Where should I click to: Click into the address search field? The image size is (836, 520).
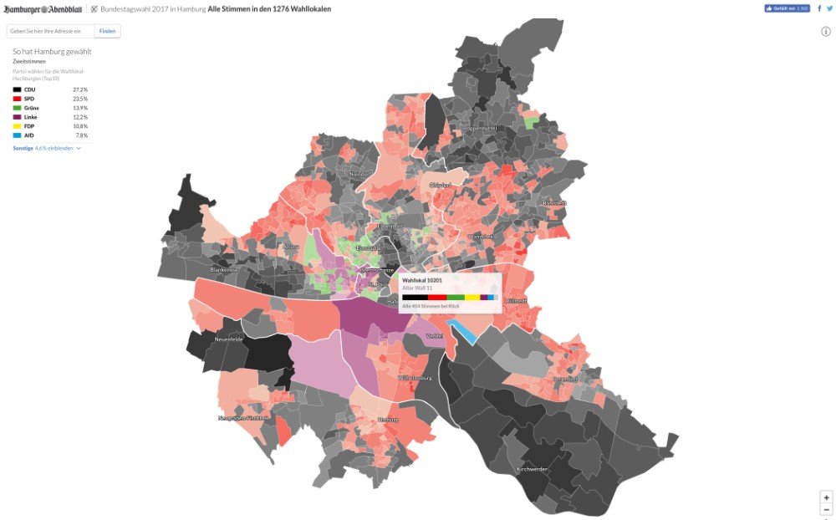pos(50,31)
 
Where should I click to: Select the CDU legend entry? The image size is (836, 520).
pos(29,89)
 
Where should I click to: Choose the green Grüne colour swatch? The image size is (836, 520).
pos(17,108)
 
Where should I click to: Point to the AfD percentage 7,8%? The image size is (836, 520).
pos(82,135)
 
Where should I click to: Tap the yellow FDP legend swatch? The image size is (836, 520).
pos(17,126)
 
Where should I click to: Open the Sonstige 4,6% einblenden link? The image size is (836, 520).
pos(47,148)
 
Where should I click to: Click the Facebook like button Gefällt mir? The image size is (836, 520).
pos(787,8)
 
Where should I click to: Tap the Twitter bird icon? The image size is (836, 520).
pos(829,8)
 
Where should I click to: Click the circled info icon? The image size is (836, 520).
pos(826,32)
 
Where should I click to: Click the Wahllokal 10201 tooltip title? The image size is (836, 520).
pos(422,280)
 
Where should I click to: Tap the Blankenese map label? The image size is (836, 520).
pos(225,270)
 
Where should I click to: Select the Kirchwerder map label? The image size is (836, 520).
pos(532,470)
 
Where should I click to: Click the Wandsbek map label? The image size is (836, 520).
pos(483,237)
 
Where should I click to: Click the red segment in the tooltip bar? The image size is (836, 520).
pos(437,297)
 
